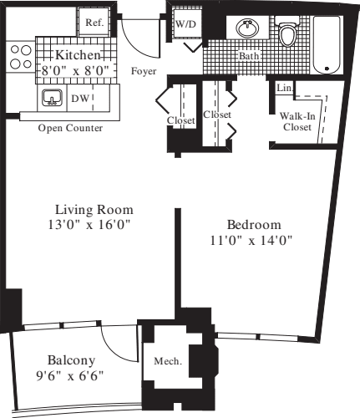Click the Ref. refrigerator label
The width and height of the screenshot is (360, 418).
coord(94,23)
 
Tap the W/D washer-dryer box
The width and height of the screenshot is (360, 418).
coord(184,25)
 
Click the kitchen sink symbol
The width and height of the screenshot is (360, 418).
coord(53,99)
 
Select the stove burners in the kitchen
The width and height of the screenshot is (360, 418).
coord(16,59)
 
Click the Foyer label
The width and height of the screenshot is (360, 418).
coord(144,71)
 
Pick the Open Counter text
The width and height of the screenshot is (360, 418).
coord(71,128)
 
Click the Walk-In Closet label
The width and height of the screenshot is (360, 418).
coord(297,122)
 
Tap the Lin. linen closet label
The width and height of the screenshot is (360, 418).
coord(281,87)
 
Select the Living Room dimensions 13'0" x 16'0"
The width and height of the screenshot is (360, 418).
coord(94,224)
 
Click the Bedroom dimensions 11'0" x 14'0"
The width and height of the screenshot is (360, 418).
coord(254,240)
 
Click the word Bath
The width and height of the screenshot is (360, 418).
coord(249,57)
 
